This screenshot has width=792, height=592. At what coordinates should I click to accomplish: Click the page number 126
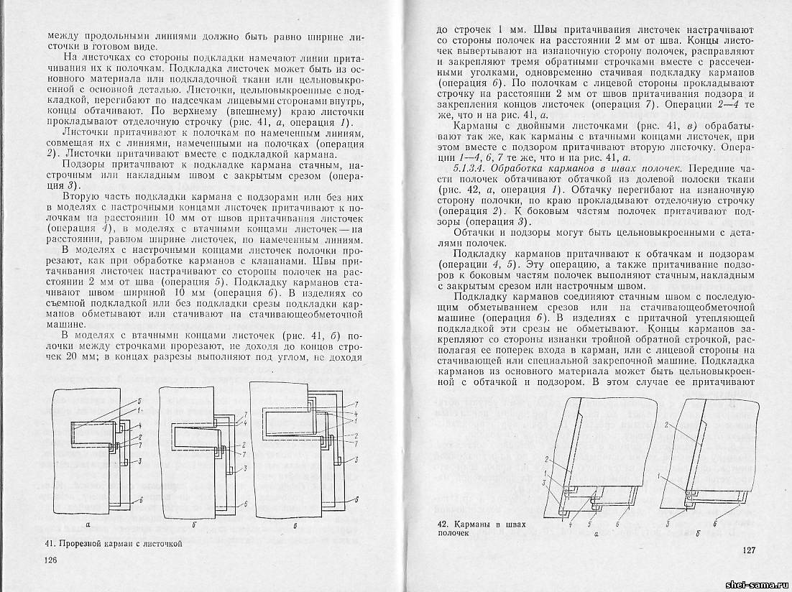coord(50,560)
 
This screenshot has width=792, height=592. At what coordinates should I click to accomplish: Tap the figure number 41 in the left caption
coord(49,544)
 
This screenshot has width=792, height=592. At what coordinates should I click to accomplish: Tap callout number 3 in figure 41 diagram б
coord(245,468)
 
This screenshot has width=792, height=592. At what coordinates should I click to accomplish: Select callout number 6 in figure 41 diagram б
coord(245,504)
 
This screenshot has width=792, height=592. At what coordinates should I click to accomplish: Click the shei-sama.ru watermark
coord(761,585)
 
